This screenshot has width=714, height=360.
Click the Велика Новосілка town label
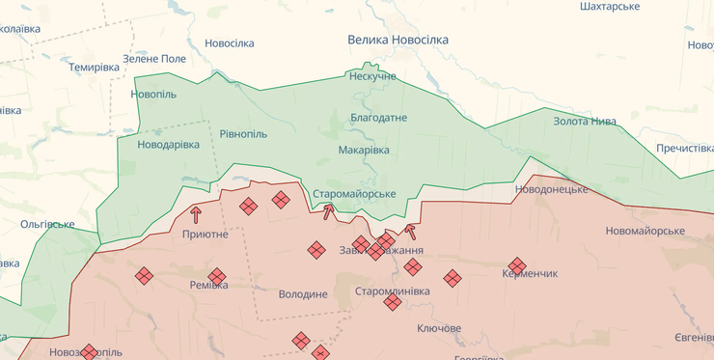[x=398, y=40]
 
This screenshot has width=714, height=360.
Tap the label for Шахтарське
[x=610, y=7]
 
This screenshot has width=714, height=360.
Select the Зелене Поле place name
[x=154, y=59]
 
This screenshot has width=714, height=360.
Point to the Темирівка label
[x=94, y=67]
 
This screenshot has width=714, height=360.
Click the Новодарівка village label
[x=169, y=144]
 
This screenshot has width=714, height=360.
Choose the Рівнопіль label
[x=243, y=133]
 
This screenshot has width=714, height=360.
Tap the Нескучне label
[x=372, y=76]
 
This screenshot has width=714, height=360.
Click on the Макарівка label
[x=364, y=150]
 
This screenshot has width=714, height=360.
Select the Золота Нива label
[x=585, y=121]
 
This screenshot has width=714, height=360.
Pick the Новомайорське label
[x=645, y=231]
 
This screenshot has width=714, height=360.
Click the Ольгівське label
[x=47, y=224]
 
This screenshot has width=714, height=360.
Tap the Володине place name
[x=302, y=293]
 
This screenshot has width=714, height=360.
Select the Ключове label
[x=438, y=328]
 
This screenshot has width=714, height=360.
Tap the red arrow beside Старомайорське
[x=328, y=211]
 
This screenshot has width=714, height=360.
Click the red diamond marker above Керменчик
[x=517, y=264]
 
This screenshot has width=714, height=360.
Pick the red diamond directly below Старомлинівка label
[x=392, y=302]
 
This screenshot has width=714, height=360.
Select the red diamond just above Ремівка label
[x=216, y=276]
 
